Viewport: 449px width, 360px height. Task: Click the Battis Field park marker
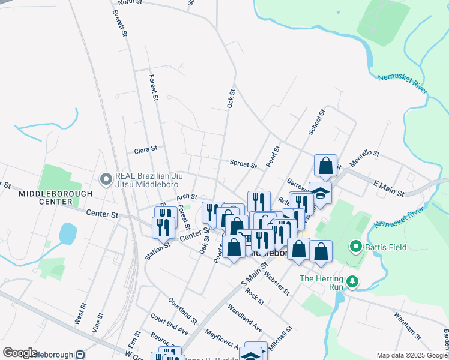pyautogui.click(x=355, y=247)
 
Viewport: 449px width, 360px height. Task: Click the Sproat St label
pyautogui.click(x=243, y=163)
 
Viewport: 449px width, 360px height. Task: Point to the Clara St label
pyautogui.click(x=145, y=148)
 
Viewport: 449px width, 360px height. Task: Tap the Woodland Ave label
pyautogui.click(x=245, y=318)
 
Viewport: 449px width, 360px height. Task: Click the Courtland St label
pyautogui.click(x=182, y=308)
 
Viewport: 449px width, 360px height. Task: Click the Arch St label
pyautogui.click(x=187, y=197)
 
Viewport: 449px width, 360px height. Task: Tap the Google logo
pyautogui.click(x=20, y=353)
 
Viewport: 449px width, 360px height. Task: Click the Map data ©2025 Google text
pyautogui.click(x=412, y=355)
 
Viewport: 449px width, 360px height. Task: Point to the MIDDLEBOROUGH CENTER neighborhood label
pyautogui.click(x=55, y=197)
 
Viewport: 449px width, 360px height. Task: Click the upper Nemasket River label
pyautogui.click(x=402, y=84)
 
